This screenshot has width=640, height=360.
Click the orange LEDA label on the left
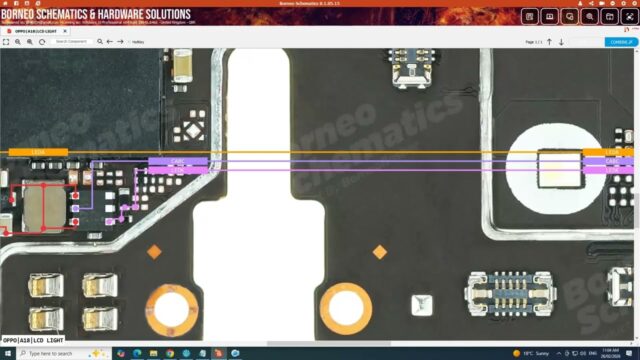38,152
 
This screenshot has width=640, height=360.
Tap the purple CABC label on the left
178,161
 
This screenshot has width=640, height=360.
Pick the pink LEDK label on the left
178,170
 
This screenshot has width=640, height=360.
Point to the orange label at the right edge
610,152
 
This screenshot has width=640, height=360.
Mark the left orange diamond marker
154,252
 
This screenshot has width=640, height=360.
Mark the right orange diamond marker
380,252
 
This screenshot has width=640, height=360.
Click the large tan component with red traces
42,205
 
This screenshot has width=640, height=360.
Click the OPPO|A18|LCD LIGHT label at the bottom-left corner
31,341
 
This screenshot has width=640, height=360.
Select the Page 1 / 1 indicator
533,42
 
